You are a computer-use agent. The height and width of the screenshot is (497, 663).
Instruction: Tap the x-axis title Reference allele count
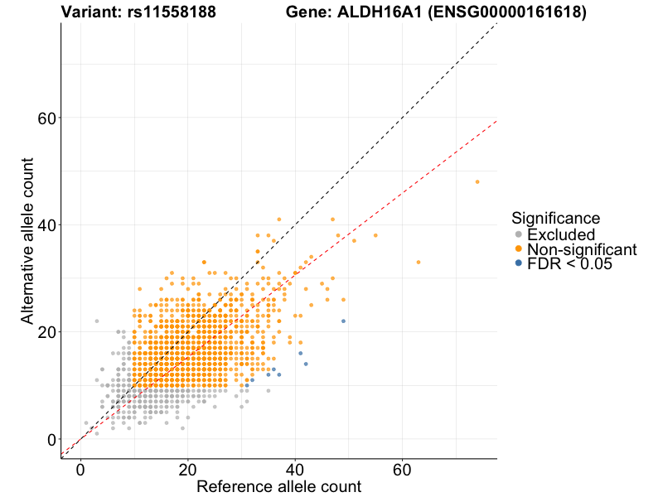click(278, 486)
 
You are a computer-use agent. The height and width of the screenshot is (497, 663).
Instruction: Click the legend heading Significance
click(555, 218)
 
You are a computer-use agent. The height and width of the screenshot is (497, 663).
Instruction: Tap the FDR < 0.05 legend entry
click(573, 264)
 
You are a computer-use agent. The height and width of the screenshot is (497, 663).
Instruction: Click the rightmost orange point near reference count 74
click(477, 181)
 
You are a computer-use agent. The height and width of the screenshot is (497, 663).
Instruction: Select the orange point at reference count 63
click(419, 262)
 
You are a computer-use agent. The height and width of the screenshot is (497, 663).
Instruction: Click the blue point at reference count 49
click(343, 321)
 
